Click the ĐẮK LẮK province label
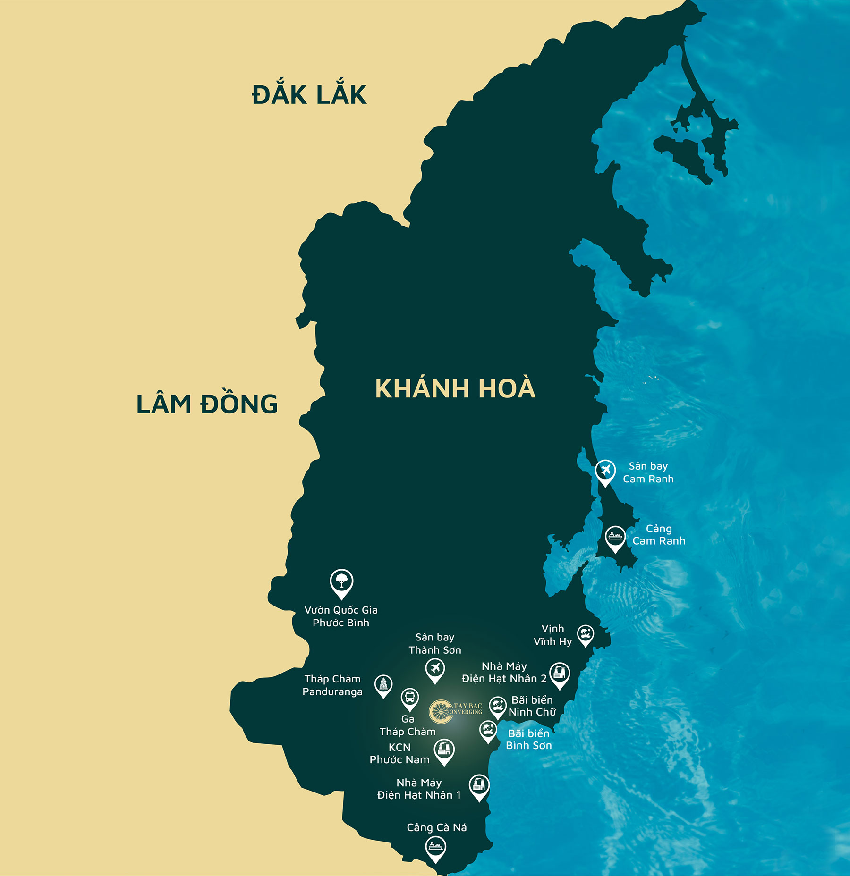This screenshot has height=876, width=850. point(309,94)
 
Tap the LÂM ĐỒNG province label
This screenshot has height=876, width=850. point(207,404)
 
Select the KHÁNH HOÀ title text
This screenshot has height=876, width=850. point(455,388)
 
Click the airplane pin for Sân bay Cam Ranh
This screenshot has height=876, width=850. point(605,471)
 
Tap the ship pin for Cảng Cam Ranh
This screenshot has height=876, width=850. point(615,537)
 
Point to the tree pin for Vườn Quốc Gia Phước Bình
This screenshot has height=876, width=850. point(341,581)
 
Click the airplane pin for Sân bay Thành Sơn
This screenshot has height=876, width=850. point(435,669)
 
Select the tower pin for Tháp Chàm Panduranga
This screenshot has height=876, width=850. point(383,684)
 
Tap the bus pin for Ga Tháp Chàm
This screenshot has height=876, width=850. point(409,698)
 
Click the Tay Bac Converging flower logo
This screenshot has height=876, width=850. point(441,712)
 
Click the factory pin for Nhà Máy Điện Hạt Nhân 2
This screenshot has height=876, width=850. point(560,673)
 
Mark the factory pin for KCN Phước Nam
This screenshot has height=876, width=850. point(444,749)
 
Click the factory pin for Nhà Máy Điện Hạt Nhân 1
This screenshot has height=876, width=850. point(479,785)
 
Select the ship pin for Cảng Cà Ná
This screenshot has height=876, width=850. point(435,847)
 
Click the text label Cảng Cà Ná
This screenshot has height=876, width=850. point(437,827)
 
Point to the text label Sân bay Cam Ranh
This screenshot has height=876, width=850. point(648,472)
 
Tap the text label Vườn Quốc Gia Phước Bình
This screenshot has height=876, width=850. point(341,616)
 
